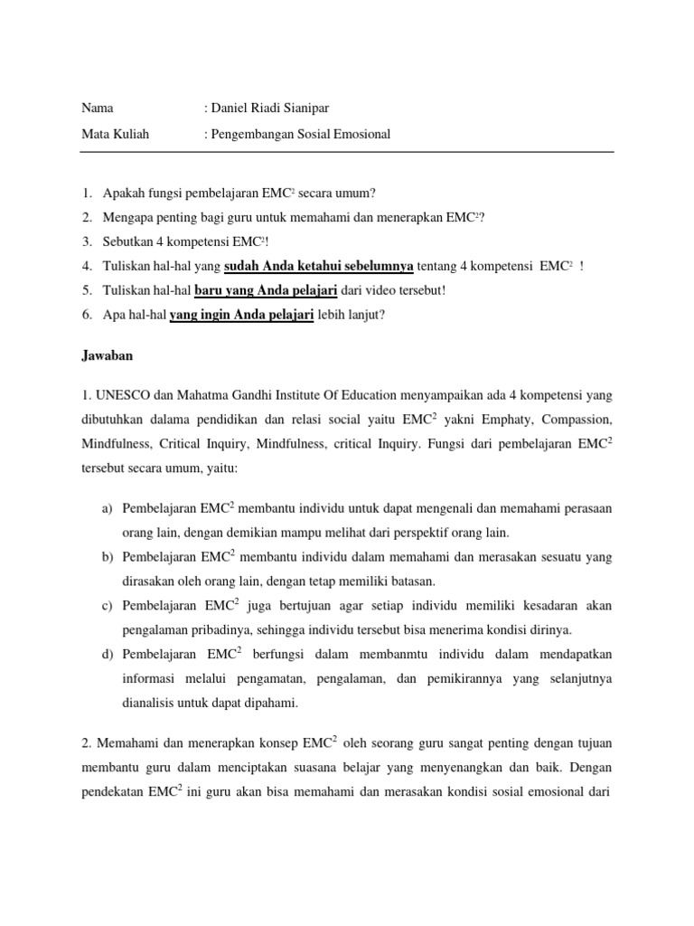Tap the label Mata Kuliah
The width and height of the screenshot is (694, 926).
coord(116,134)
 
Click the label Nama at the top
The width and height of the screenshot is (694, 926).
coord(98,108)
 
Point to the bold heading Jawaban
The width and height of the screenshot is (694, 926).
coord(108,355)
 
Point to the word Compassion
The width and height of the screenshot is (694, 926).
coord(575,420)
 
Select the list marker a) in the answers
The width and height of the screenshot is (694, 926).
coord(107,509)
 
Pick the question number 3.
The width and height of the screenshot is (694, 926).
coord(86,242)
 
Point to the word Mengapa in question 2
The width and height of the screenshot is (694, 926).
coord(130,218)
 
